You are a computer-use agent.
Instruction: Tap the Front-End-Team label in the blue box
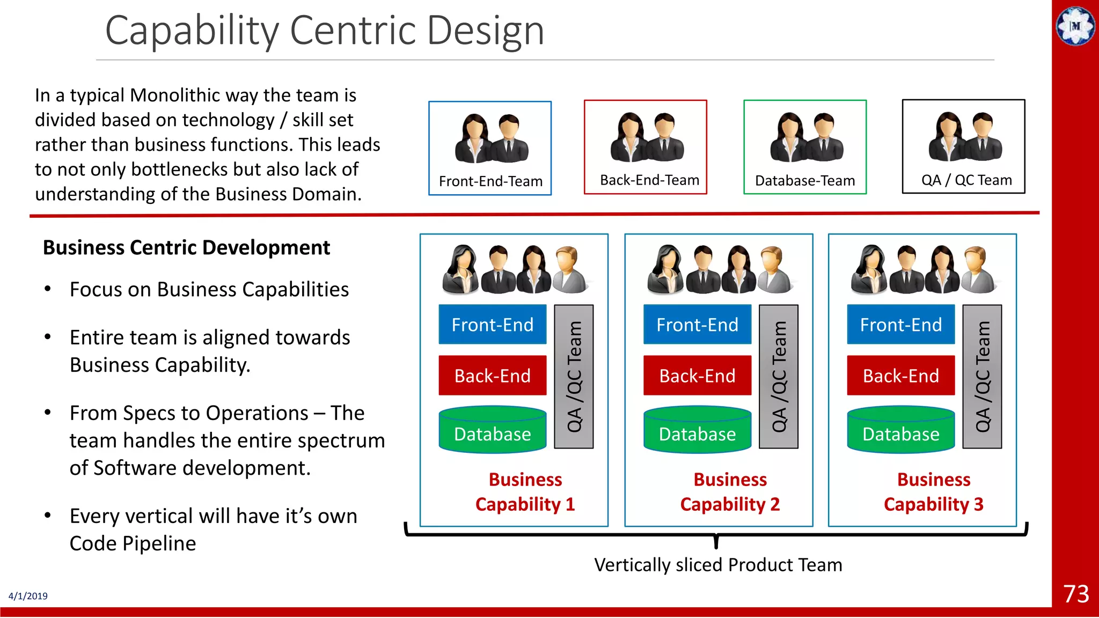pyautogui.click(x=490, y=181)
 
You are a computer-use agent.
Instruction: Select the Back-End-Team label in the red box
pyautogui.click(x=649, y=180)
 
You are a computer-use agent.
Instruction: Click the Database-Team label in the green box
pyautogui.click(x=805, y=181)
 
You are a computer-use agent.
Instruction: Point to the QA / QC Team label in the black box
pyautogui.click(x=966, y=180)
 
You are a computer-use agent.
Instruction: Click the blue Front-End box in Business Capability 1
pyautogui.click(x=492, y=325)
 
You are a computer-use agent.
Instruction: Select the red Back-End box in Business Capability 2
pyautogui.click(x=697, y=376)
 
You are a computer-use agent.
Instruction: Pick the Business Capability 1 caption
pyautogui.click(x=525, y=492)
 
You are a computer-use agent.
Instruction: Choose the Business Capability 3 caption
pyautogui.click(x=933, y=492)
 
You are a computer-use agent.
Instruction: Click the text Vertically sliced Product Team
pyautogui.click(x=718, y=565)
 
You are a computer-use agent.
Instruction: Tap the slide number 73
pyautogui.click(x=1076, y=594)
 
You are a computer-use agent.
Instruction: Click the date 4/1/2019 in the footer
pyautogui.click(x=28, y=596)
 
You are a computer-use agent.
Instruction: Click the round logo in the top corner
pyautogui.click(x=1075, y=26)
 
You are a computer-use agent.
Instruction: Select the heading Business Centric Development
pyautogui.click(x=186, y=248)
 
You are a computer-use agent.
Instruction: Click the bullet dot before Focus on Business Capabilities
pyautogui.click(x=48, y=289)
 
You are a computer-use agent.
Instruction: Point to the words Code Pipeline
pyautogui.click(x=133, y=543)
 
